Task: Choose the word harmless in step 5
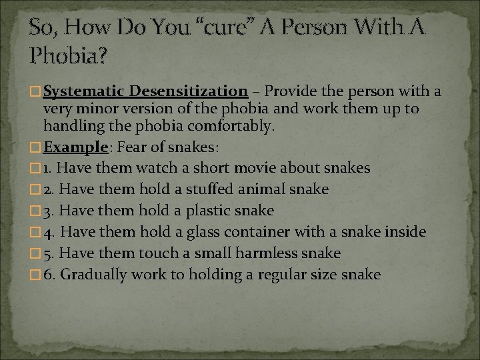pos(264,253)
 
